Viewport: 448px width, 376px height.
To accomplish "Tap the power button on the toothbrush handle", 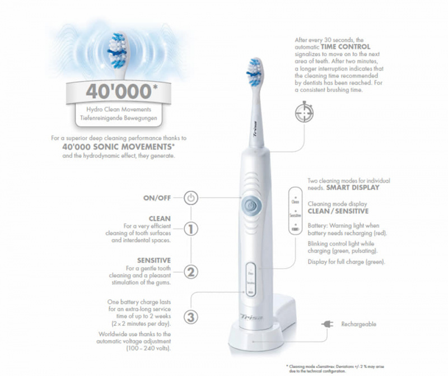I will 250,206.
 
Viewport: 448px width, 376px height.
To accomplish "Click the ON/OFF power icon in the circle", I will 191,198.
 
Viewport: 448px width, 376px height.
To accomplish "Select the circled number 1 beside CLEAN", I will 191,229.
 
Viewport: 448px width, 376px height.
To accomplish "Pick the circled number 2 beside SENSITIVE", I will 191,273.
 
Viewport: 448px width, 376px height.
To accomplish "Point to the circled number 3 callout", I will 191,317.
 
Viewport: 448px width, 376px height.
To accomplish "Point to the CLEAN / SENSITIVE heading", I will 338,211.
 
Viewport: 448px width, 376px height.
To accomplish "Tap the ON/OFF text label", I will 158,198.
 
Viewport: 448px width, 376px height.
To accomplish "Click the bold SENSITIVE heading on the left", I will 154,261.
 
